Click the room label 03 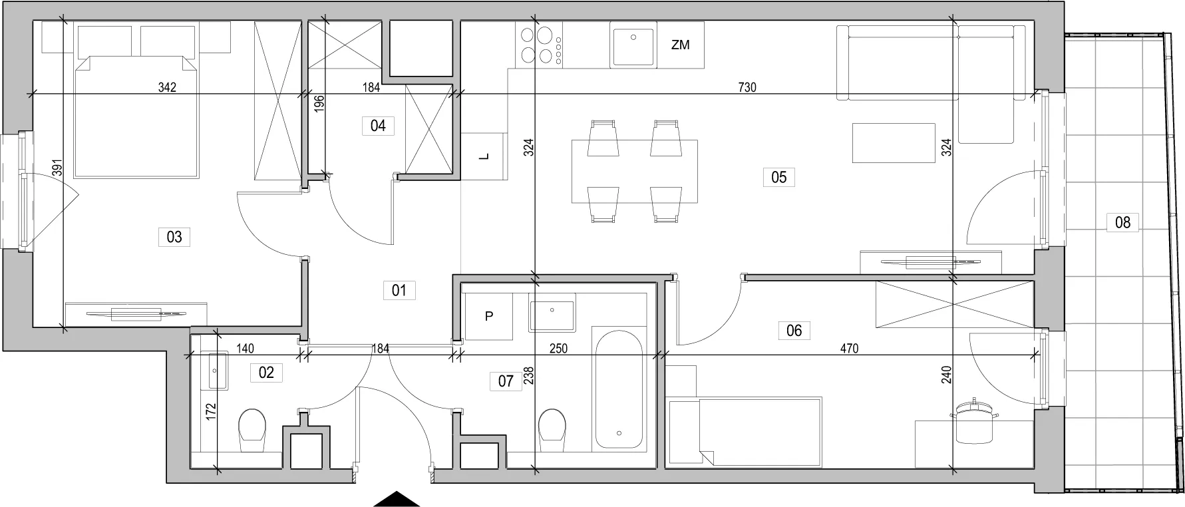(174, 236)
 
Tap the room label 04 (378, 125)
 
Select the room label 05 (778, 177)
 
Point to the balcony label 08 (1122, 222)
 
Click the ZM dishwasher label (681, 45)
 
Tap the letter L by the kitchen (484, 156)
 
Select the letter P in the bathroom (489, 317)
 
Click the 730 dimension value (747, 87)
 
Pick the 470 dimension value (850, 348)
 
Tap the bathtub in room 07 (619, 387)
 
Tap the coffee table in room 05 (893, 142)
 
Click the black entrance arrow (397, 499)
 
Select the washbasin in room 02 (218, 371)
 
